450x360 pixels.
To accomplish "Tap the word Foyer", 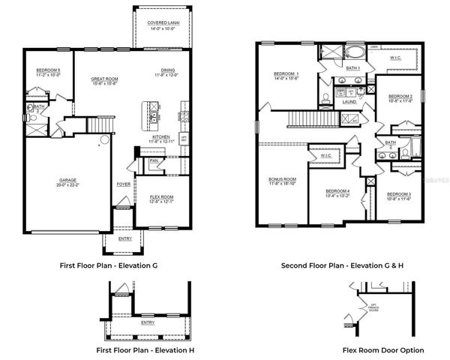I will pos(123,183).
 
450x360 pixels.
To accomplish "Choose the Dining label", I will pos(167,73).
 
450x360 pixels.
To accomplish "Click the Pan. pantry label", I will pos(154,160).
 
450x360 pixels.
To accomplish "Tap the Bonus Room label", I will pos(283,181).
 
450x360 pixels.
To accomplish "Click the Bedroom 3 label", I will pos(399,196).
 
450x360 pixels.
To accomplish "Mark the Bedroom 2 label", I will pos(400,98).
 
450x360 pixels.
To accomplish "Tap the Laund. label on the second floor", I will pos(349,102).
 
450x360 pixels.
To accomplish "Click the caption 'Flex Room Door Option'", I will pos(383,350).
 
